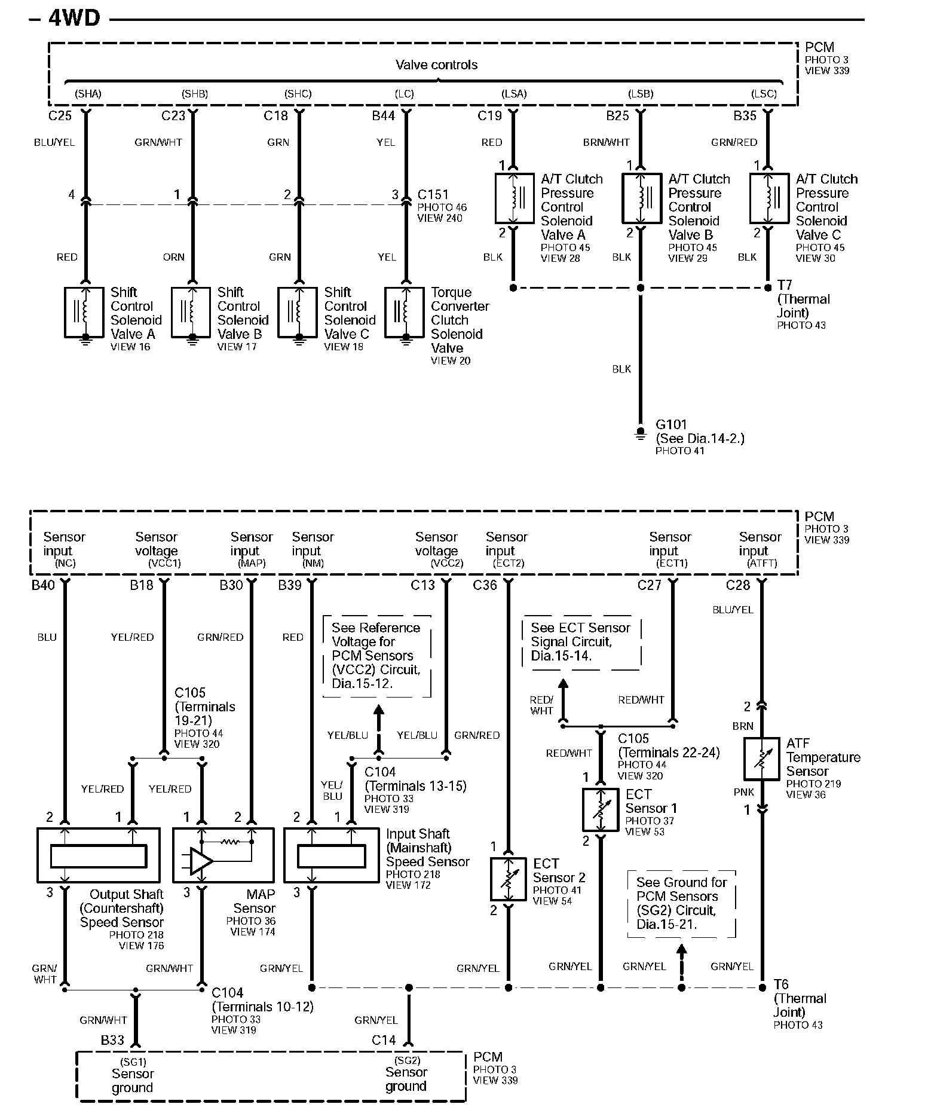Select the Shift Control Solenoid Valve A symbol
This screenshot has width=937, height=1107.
coord(84,313)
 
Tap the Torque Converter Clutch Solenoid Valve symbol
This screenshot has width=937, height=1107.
coord(405,313)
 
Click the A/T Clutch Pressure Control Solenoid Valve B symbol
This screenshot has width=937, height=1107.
coord(641,198)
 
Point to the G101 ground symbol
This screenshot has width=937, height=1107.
coord(640,433)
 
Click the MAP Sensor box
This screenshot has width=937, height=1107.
coord(223,855)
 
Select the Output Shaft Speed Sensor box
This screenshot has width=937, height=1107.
coord(99,855)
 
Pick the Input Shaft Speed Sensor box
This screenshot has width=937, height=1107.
coord(331,855)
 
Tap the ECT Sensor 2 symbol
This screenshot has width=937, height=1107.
coord(508,879)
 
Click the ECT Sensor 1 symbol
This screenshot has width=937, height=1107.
coord(600,809)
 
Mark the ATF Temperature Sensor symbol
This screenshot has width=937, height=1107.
coord(761,759)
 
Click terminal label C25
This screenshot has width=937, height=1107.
coord(60,116)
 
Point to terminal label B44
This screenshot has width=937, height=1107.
coord(383,116)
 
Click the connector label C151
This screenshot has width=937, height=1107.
coord(433,195)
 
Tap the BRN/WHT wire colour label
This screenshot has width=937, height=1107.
coord(606,142)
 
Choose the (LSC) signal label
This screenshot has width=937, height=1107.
coord(764,94)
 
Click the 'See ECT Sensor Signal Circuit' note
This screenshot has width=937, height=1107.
coord(581,641)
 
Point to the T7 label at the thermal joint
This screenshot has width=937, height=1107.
coord(784,285)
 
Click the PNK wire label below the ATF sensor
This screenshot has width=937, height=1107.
coord(744,792)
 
